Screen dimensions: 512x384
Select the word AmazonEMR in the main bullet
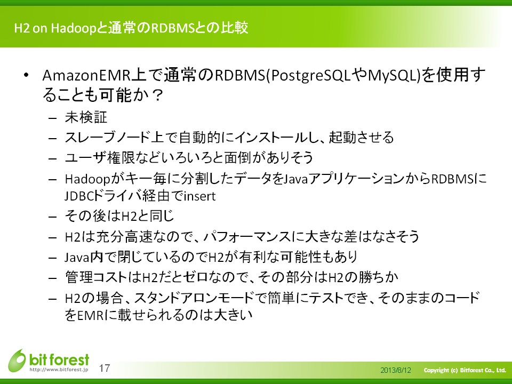pos(86,75)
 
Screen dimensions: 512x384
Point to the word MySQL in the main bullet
pos(393,75)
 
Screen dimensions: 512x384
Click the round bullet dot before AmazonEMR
pos(26,75)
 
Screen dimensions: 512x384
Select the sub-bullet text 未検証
pos(86,117)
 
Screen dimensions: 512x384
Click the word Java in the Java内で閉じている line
pos(77,257)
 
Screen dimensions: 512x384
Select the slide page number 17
pos(105,368)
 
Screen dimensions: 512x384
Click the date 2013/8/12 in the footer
pos(395,370)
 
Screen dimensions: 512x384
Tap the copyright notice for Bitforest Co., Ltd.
pos(465,370)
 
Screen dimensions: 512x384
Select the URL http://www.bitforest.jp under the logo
pos(59,370)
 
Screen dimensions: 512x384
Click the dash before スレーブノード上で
pos(53,139)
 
